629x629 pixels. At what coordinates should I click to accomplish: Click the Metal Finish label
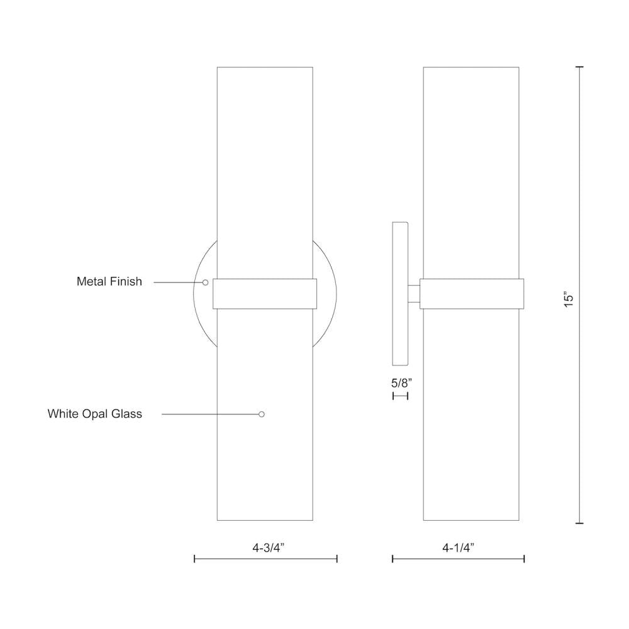click(x=109, y=282)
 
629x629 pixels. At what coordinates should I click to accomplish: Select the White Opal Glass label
click(x=95, y=414)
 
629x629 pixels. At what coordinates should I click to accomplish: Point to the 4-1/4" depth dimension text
click(x=458, y=548)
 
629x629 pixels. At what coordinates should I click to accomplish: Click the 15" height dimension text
click(x=569, y=299)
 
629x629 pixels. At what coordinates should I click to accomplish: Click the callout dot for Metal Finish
click(x=205, y=282)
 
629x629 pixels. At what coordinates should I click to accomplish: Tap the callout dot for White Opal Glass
click(x=262, y=414)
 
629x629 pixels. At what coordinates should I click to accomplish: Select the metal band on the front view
click(x=265, y=294)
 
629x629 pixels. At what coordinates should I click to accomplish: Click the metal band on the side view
click(x=471, y=294)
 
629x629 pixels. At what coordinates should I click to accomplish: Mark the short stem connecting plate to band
click(x=414, y=294)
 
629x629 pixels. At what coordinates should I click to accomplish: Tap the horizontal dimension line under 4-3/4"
click(x=266, y=559)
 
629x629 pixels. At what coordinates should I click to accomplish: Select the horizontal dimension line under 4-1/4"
click(x=458, y=559)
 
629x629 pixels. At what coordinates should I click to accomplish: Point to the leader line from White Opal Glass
click(x=211, y=414)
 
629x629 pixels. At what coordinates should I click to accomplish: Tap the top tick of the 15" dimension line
click(x=579, y=67)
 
